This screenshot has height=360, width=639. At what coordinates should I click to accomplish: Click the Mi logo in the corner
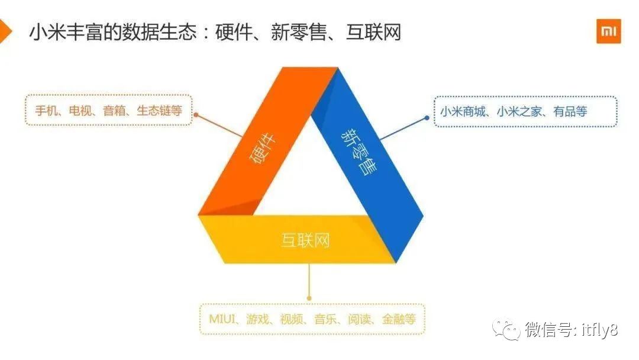(x=608, y=31)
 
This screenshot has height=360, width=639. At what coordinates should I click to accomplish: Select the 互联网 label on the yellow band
(x=305, y=240)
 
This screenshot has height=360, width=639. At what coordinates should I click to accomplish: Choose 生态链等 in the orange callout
(x=159, y=111)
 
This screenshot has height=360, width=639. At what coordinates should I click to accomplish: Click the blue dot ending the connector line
(x=427, y=118)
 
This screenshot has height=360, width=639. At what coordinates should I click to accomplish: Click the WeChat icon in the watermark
(x=507, y=330)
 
